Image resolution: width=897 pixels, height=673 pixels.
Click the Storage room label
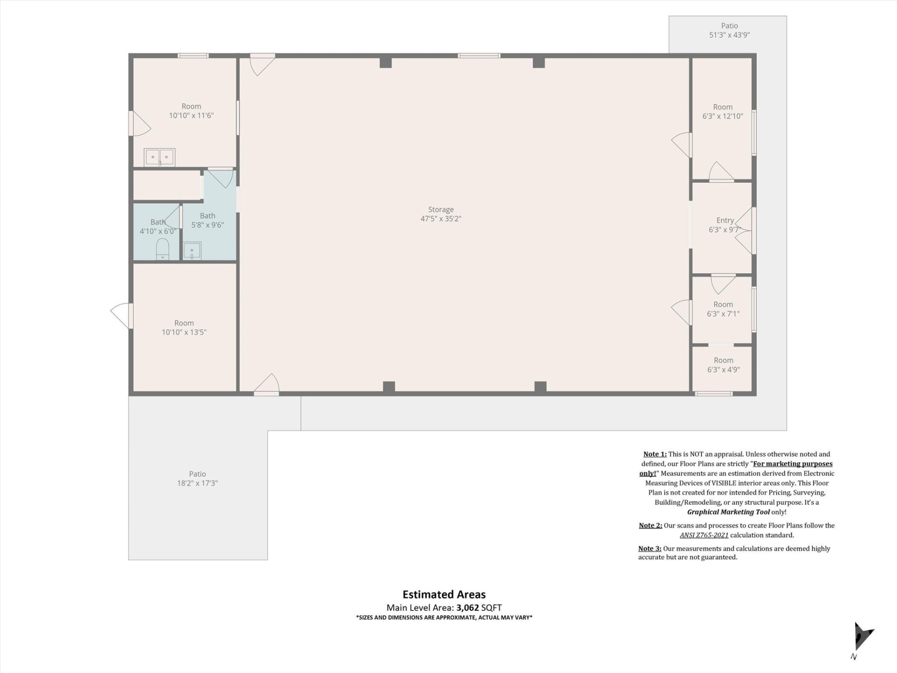(441, 209)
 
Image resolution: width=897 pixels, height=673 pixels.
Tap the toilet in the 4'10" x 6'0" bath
(162, 249)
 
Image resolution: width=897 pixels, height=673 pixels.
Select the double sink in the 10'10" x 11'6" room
(159, 158)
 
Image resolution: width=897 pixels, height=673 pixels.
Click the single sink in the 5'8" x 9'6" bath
(192, 251)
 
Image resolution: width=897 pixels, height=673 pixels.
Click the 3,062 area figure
(467, 608)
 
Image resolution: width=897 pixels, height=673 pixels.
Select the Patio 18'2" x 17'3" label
(197, 479)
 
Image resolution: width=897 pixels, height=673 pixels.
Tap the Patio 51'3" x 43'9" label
(729, 30)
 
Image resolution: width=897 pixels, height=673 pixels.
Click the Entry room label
(725, 220)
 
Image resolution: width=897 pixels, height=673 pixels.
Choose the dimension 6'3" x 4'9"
(723, 370)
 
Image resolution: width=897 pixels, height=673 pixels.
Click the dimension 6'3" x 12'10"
(722, 116)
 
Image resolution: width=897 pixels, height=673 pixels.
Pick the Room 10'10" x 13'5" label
(184, 328)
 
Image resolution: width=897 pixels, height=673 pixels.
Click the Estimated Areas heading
(444, 594)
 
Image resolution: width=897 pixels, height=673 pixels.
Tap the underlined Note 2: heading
(650, 525)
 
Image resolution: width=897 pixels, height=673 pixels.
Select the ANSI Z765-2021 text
(704, 535)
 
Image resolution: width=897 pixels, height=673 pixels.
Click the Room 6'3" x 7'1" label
(723, 309)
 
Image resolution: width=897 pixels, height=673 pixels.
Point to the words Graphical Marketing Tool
(728, 512)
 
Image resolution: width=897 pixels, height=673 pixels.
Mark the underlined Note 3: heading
(649, 548)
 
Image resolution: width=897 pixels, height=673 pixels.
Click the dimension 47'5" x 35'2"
(441, 219)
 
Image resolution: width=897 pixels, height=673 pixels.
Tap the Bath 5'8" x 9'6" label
(207, 220)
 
